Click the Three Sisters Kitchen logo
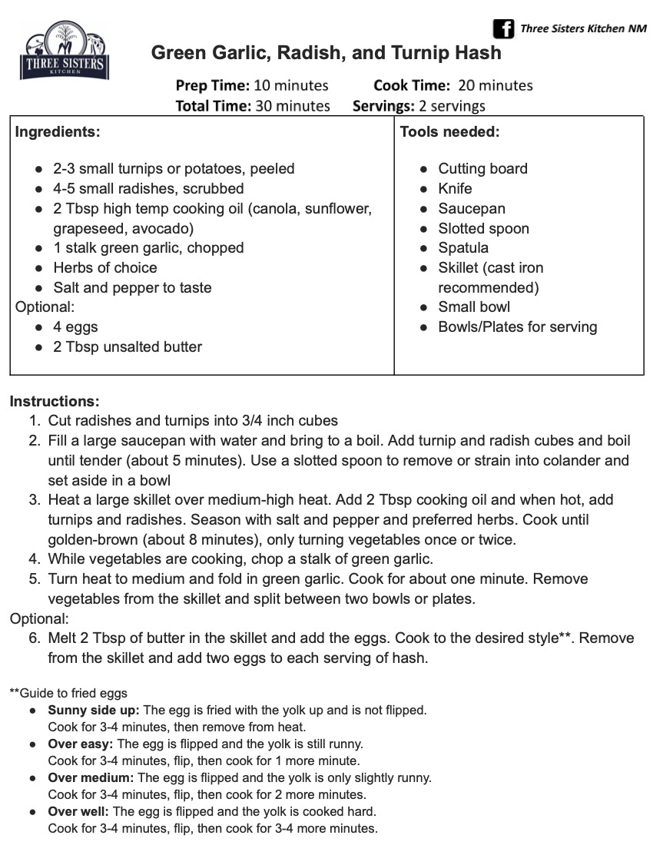(64, 51)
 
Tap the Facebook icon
(503, 29)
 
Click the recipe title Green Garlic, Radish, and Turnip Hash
(326, 53)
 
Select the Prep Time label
(212, 85)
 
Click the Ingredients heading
(58, 131)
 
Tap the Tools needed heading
(449, 131)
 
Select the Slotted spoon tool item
(483, 228)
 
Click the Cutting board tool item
(482, 168)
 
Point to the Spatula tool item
(463, 248)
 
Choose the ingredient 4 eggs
(75, 327)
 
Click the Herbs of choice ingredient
(104, 268)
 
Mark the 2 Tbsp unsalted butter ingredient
(128, 347)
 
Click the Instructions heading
(55, 401)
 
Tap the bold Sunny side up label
(94, 711)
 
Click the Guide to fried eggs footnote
(68, 693)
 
